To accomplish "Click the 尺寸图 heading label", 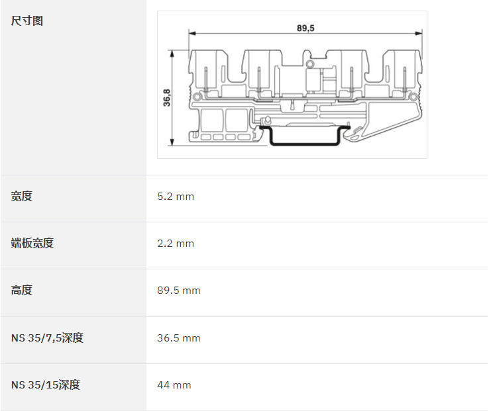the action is (27, 21).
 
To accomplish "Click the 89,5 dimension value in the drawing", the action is (305, 28).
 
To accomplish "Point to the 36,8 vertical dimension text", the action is (167, 97).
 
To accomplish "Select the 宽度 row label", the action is (22, 196).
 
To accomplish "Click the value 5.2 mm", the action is (176, 197).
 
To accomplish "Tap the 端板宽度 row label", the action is (32, 243).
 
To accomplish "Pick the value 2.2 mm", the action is (176, 244).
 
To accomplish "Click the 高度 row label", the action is (22, 290).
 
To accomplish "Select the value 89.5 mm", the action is (179, 291).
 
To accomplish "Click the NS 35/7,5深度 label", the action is (47, 338).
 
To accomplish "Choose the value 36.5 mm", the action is (179, 338).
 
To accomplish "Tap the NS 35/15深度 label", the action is (46, 385).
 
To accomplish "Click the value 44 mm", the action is (174, 385).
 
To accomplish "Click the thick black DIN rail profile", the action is (304, 144).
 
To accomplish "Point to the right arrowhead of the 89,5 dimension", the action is (419, 33).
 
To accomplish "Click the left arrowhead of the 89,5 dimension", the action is (192, 33).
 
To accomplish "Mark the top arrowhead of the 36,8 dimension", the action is (172, 54).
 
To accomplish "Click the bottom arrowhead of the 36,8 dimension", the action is (172, 142).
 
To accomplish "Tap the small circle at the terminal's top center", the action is (309, 64).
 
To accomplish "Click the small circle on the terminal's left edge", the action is (197, 96).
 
